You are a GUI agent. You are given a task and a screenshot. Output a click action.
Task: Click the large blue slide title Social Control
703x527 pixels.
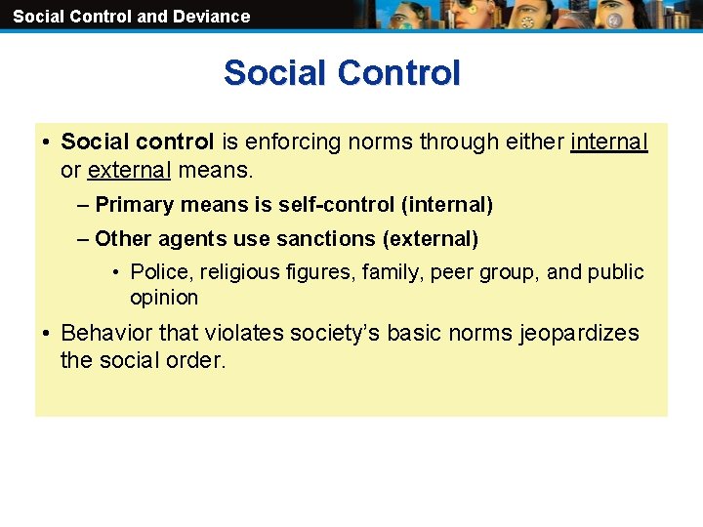click(x=342, y=73)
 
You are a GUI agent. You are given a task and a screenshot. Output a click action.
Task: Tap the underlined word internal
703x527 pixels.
click(x=609, y=142)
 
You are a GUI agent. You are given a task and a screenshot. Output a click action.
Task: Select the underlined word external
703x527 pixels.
click(x=129, y=171)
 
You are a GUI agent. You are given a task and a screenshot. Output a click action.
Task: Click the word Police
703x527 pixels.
click(x=155, y=272)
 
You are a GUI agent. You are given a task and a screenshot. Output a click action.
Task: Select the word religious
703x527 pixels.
click(x=227, y=272)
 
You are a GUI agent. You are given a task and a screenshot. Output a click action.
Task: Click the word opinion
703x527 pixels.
click(x=164, y=298)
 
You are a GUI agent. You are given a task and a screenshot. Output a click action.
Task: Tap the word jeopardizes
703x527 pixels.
click(x=579, y=333)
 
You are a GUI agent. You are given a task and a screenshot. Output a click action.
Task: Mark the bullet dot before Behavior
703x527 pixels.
click(x=47, y=334)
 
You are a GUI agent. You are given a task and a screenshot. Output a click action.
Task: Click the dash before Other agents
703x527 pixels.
click(x=83, y=239)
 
